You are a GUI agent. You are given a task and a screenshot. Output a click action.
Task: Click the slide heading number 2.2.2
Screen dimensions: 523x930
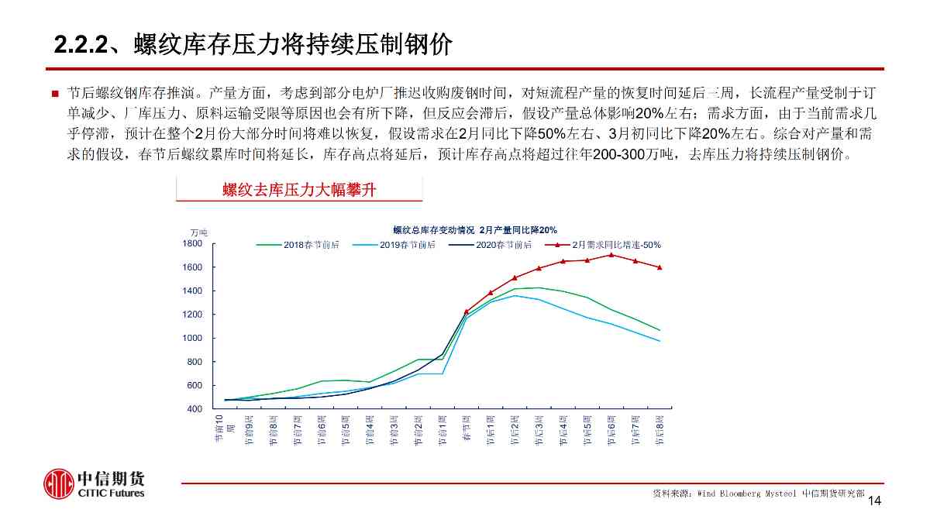[79, 44]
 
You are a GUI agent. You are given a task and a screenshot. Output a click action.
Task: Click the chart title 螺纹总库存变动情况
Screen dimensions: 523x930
[432, 230]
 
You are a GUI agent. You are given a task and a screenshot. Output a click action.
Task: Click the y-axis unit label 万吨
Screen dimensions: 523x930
[199, 232]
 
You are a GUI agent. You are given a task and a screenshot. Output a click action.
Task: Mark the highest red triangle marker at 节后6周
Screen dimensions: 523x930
[611, 254]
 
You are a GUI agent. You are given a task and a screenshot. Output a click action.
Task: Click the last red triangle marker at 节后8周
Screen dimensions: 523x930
[660, 267]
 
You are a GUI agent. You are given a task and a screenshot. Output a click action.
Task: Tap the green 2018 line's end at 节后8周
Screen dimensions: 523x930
[660, 330]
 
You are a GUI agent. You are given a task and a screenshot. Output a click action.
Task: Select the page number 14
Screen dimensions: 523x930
[874, 501]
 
